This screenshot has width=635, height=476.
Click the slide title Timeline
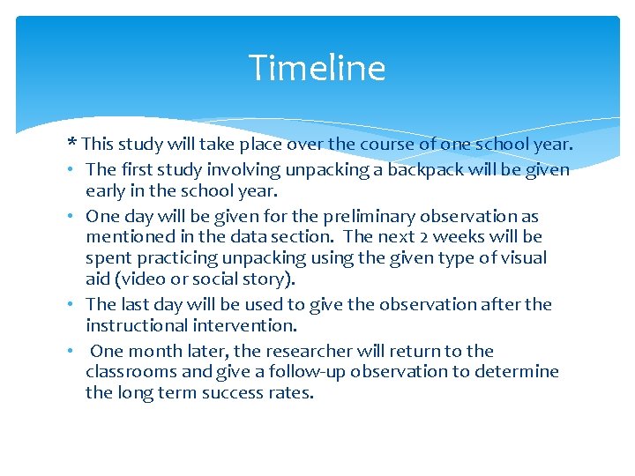pyautogui.click(x=317, y=68)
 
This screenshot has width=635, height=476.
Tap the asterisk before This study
pyautogui.click(x=71, y=143)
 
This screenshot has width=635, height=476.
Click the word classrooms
pyautogui.click(x=129, y=371)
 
